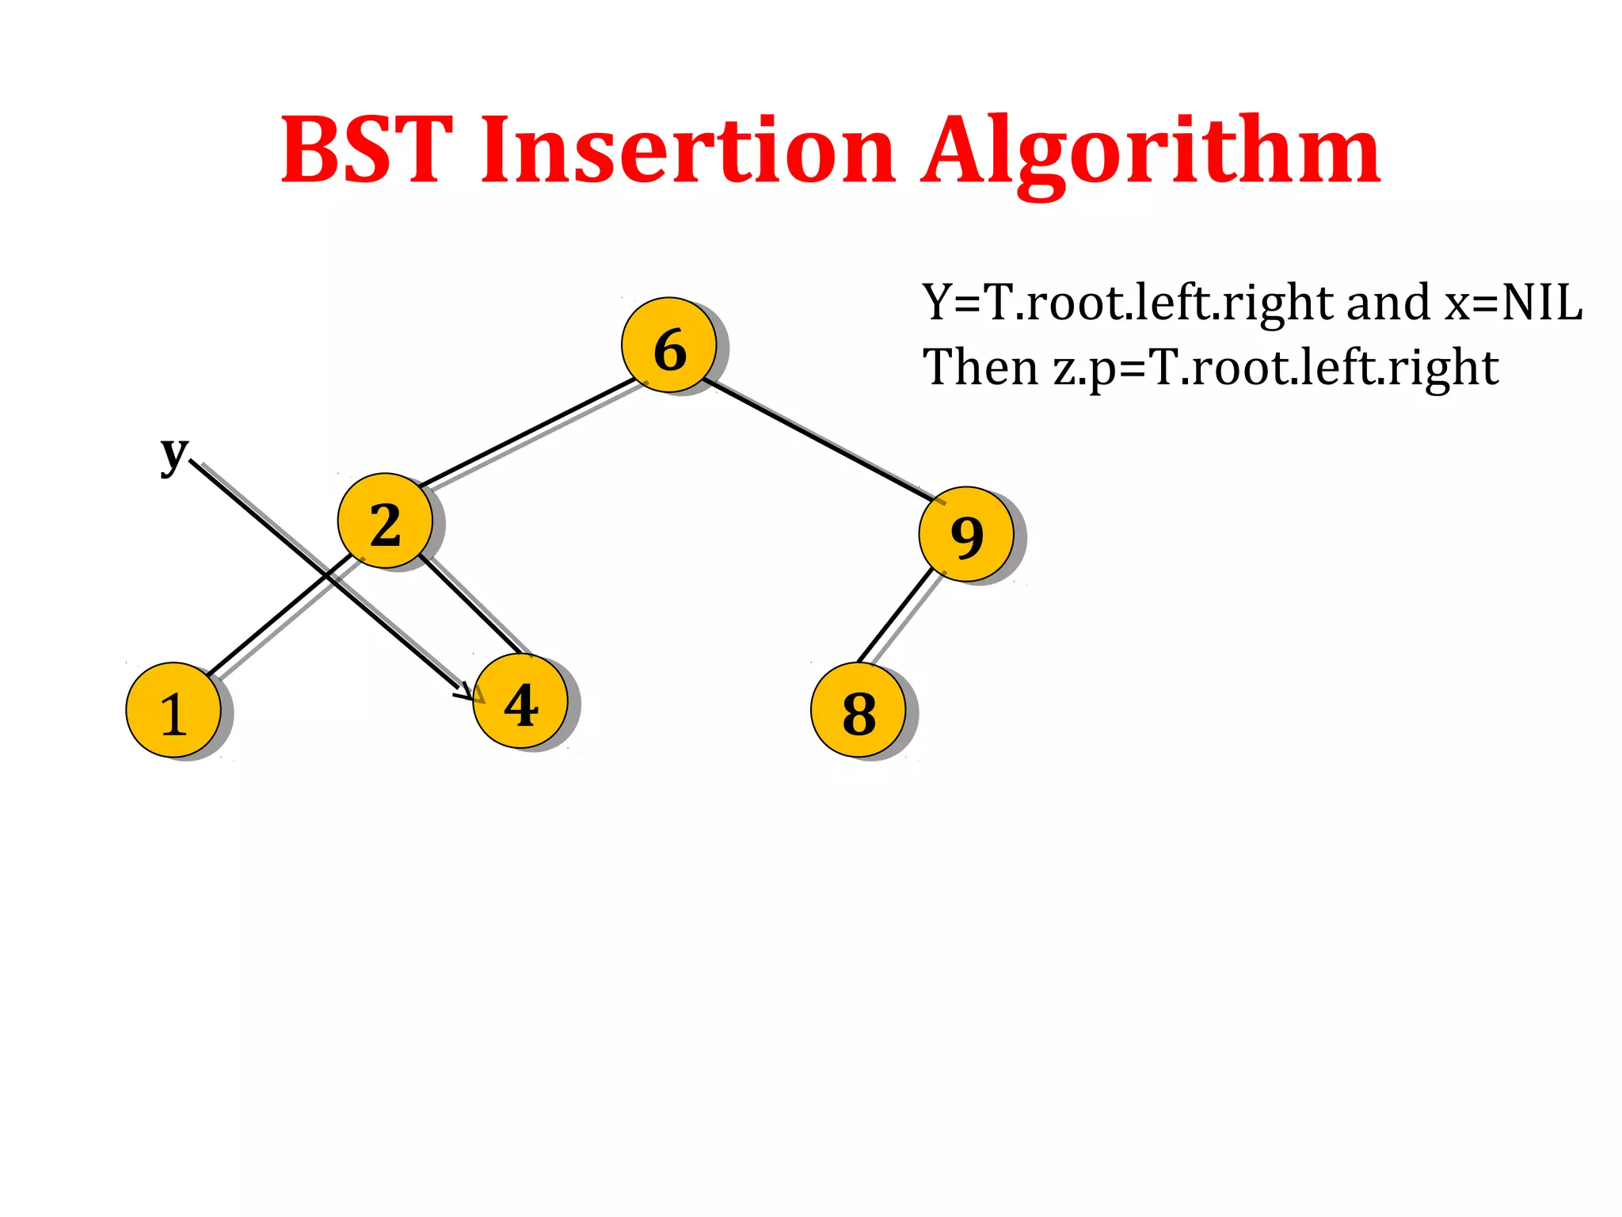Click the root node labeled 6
point(669,345)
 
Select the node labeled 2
point(385,521)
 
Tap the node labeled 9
point(966,534)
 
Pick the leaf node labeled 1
point(173,710)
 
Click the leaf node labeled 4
point(520,702)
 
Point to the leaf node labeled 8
point(859,710)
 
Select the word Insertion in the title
point(687,151)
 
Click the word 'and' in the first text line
point(1388,303)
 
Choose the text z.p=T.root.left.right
point(1275,369)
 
